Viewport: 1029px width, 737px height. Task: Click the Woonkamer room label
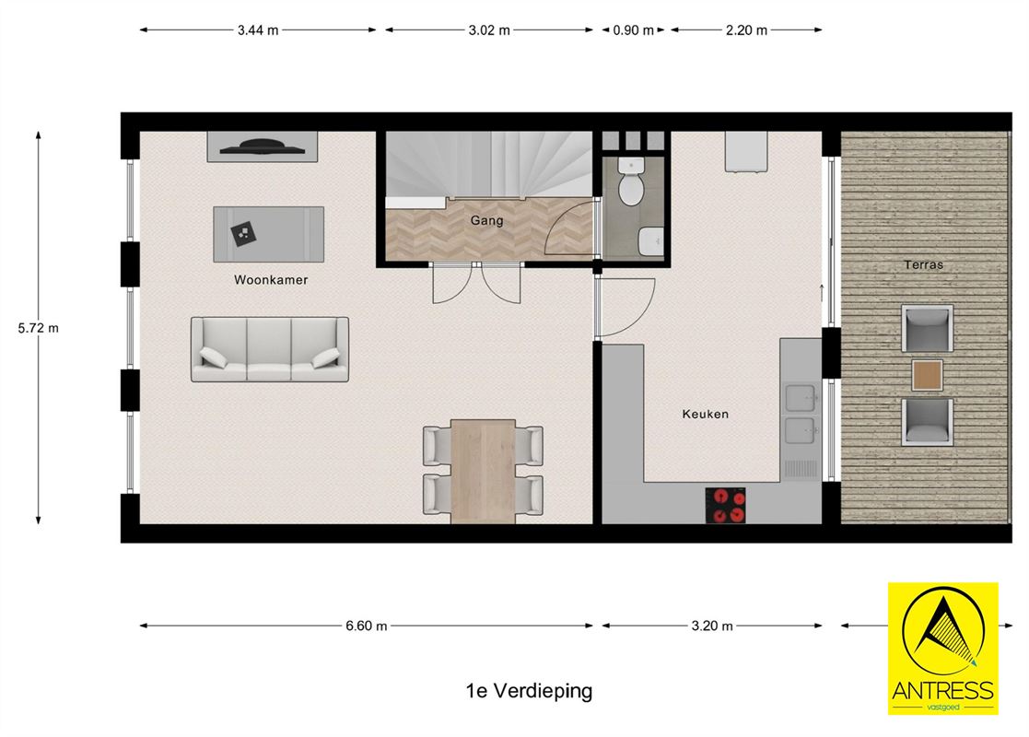coord(270,280)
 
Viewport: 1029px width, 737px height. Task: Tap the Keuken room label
coord(705,414)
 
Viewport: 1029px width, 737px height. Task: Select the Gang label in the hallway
coord(486,221)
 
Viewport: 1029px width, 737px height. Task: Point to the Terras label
coord(922,265)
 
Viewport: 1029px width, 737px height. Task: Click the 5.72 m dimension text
coord(39,327)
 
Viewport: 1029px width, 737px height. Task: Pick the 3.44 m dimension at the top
coord(258,29)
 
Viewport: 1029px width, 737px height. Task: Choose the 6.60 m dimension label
coord(367,626)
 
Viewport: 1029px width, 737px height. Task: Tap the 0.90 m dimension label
coord(633,29)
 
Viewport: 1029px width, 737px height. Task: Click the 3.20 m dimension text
coord(712,626)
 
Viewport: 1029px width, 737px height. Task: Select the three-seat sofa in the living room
coord(270,349)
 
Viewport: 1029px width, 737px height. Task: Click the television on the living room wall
coord(263,146)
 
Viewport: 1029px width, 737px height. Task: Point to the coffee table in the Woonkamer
coord(268,232)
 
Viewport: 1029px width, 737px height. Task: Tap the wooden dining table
coord(483,471)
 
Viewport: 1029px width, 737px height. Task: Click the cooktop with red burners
coord(725,505)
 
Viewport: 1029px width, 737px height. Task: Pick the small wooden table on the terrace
coord(927,375)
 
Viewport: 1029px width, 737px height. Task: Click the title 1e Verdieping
coord(529,690)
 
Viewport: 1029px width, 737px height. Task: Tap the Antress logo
coord(942,648)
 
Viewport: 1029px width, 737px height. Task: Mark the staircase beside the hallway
coord(487,164)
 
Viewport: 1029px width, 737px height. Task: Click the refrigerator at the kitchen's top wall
coord(745,151)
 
